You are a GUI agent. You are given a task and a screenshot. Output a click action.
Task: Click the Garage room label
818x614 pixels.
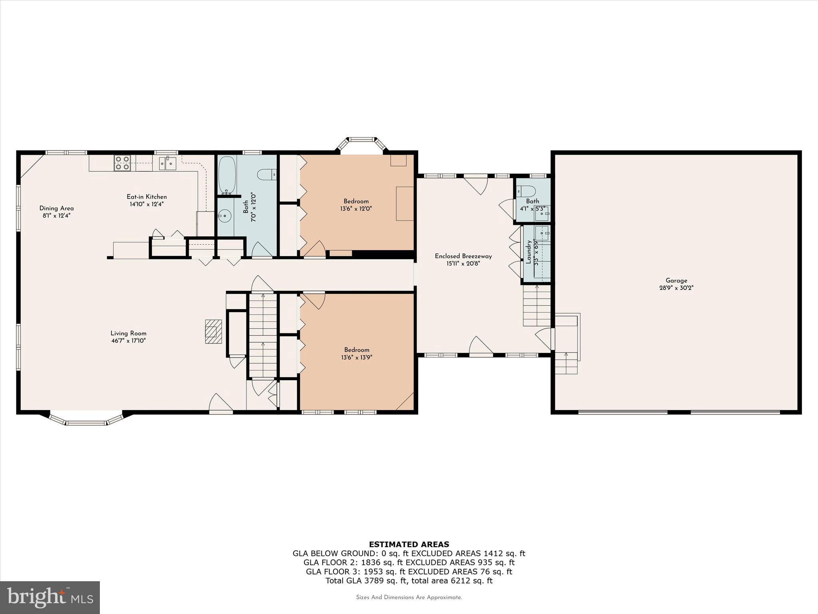pyautogui.click(x=676, y=281)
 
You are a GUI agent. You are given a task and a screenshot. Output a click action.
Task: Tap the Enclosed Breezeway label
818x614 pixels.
pyautogui.click(x=463, y=256)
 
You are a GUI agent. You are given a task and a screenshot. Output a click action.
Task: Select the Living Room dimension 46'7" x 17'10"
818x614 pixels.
pyautogui.click(x=129, y=341)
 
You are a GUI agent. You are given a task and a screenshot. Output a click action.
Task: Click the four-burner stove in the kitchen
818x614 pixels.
pyautogui.click(x=122, y=163)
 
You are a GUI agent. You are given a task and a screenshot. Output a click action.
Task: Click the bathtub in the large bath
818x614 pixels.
pyautogui.click(x=228, y=175)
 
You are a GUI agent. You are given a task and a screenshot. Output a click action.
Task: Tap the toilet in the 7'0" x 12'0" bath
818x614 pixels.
pyautogui.click(x=267, y=174)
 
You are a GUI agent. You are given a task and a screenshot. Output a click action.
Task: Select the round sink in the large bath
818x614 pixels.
pyautogui.click(x=224, y=217)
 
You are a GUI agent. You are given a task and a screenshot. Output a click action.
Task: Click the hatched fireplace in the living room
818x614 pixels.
pyautogui.click(x=214, y=331)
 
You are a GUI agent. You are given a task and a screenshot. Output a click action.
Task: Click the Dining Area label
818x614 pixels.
pyautogui.click(x=56, y=208)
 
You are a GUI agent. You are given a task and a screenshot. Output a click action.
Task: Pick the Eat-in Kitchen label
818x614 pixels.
pyautogui.click(x=147, y=197)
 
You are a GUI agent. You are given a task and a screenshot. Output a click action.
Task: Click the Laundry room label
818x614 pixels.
pyautogui.click(x=528, y=252)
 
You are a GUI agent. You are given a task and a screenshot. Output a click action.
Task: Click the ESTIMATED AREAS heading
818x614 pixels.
pyautogui.click(x=409, y=544)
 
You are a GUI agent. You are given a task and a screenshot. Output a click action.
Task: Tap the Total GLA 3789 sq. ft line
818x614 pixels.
pyautogui.click(x=409, y=580)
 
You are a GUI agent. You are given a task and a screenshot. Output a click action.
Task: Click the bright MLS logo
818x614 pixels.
pyautogui.click(x=50, y=597)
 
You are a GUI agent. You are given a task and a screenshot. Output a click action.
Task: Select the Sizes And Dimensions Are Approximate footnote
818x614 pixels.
pyautogui.click(x=409, y=597)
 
